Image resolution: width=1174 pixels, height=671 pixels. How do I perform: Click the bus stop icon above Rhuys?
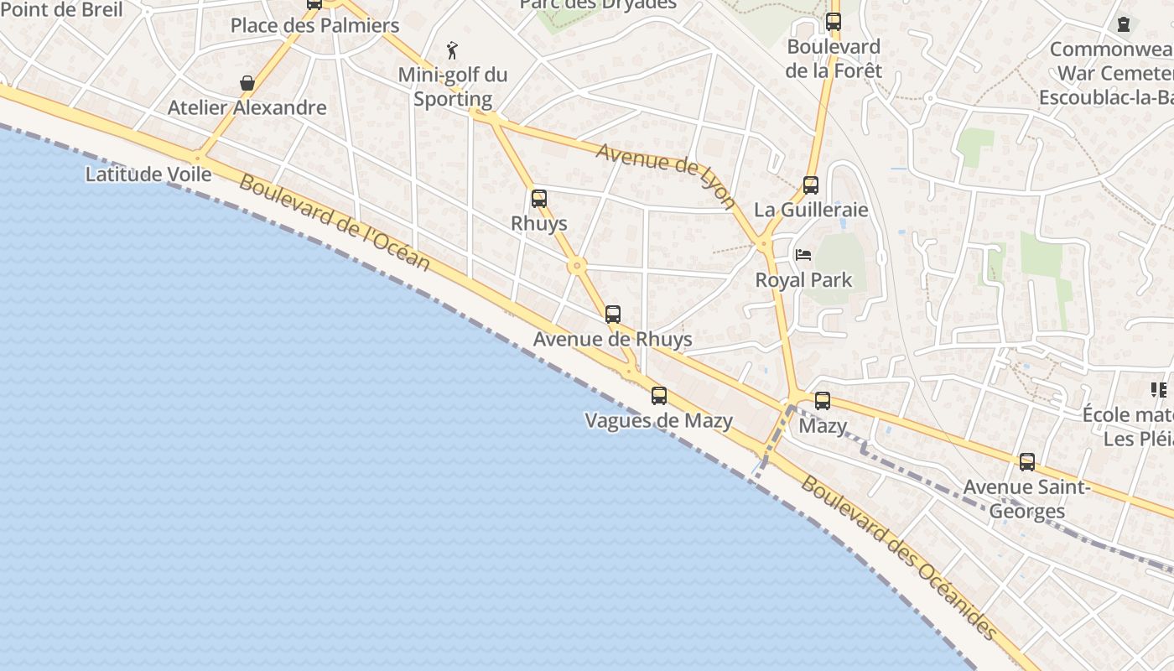click(539, 199)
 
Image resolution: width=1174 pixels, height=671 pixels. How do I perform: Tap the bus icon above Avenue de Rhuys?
click(613, 315)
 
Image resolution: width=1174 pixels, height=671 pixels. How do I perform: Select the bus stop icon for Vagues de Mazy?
click(659, 396)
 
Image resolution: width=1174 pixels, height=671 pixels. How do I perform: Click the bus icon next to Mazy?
click(823, 401)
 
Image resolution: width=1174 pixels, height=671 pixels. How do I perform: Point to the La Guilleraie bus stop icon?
click(811, 185)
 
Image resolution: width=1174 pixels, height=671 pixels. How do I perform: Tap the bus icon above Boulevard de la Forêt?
click(833, 22)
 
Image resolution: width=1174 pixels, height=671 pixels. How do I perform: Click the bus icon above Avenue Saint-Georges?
click(1027, 462)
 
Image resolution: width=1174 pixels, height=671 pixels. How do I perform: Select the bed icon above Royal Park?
click(803, 255)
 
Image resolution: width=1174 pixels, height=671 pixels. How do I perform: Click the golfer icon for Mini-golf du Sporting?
click(453, 50)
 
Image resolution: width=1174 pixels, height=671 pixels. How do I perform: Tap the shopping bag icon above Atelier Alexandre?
click(247, 83)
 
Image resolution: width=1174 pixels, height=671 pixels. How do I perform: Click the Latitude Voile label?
click(148, 174)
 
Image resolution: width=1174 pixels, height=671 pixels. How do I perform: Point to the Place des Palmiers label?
click(314, 25)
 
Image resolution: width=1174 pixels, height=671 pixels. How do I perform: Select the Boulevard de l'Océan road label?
click(335, 222)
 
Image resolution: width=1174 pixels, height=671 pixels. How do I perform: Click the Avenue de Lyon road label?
click(666, 175)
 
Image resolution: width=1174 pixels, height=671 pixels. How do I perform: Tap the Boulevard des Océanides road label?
click(898, 557)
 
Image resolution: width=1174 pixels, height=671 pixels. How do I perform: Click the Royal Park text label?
click(803, 280)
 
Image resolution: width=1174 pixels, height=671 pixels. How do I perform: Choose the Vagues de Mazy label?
click(658, 421)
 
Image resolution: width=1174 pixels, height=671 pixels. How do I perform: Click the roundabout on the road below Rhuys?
click(576, 267)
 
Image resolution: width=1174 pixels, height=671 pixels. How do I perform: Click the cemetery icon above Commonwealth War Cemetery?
click(1123, 24)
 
